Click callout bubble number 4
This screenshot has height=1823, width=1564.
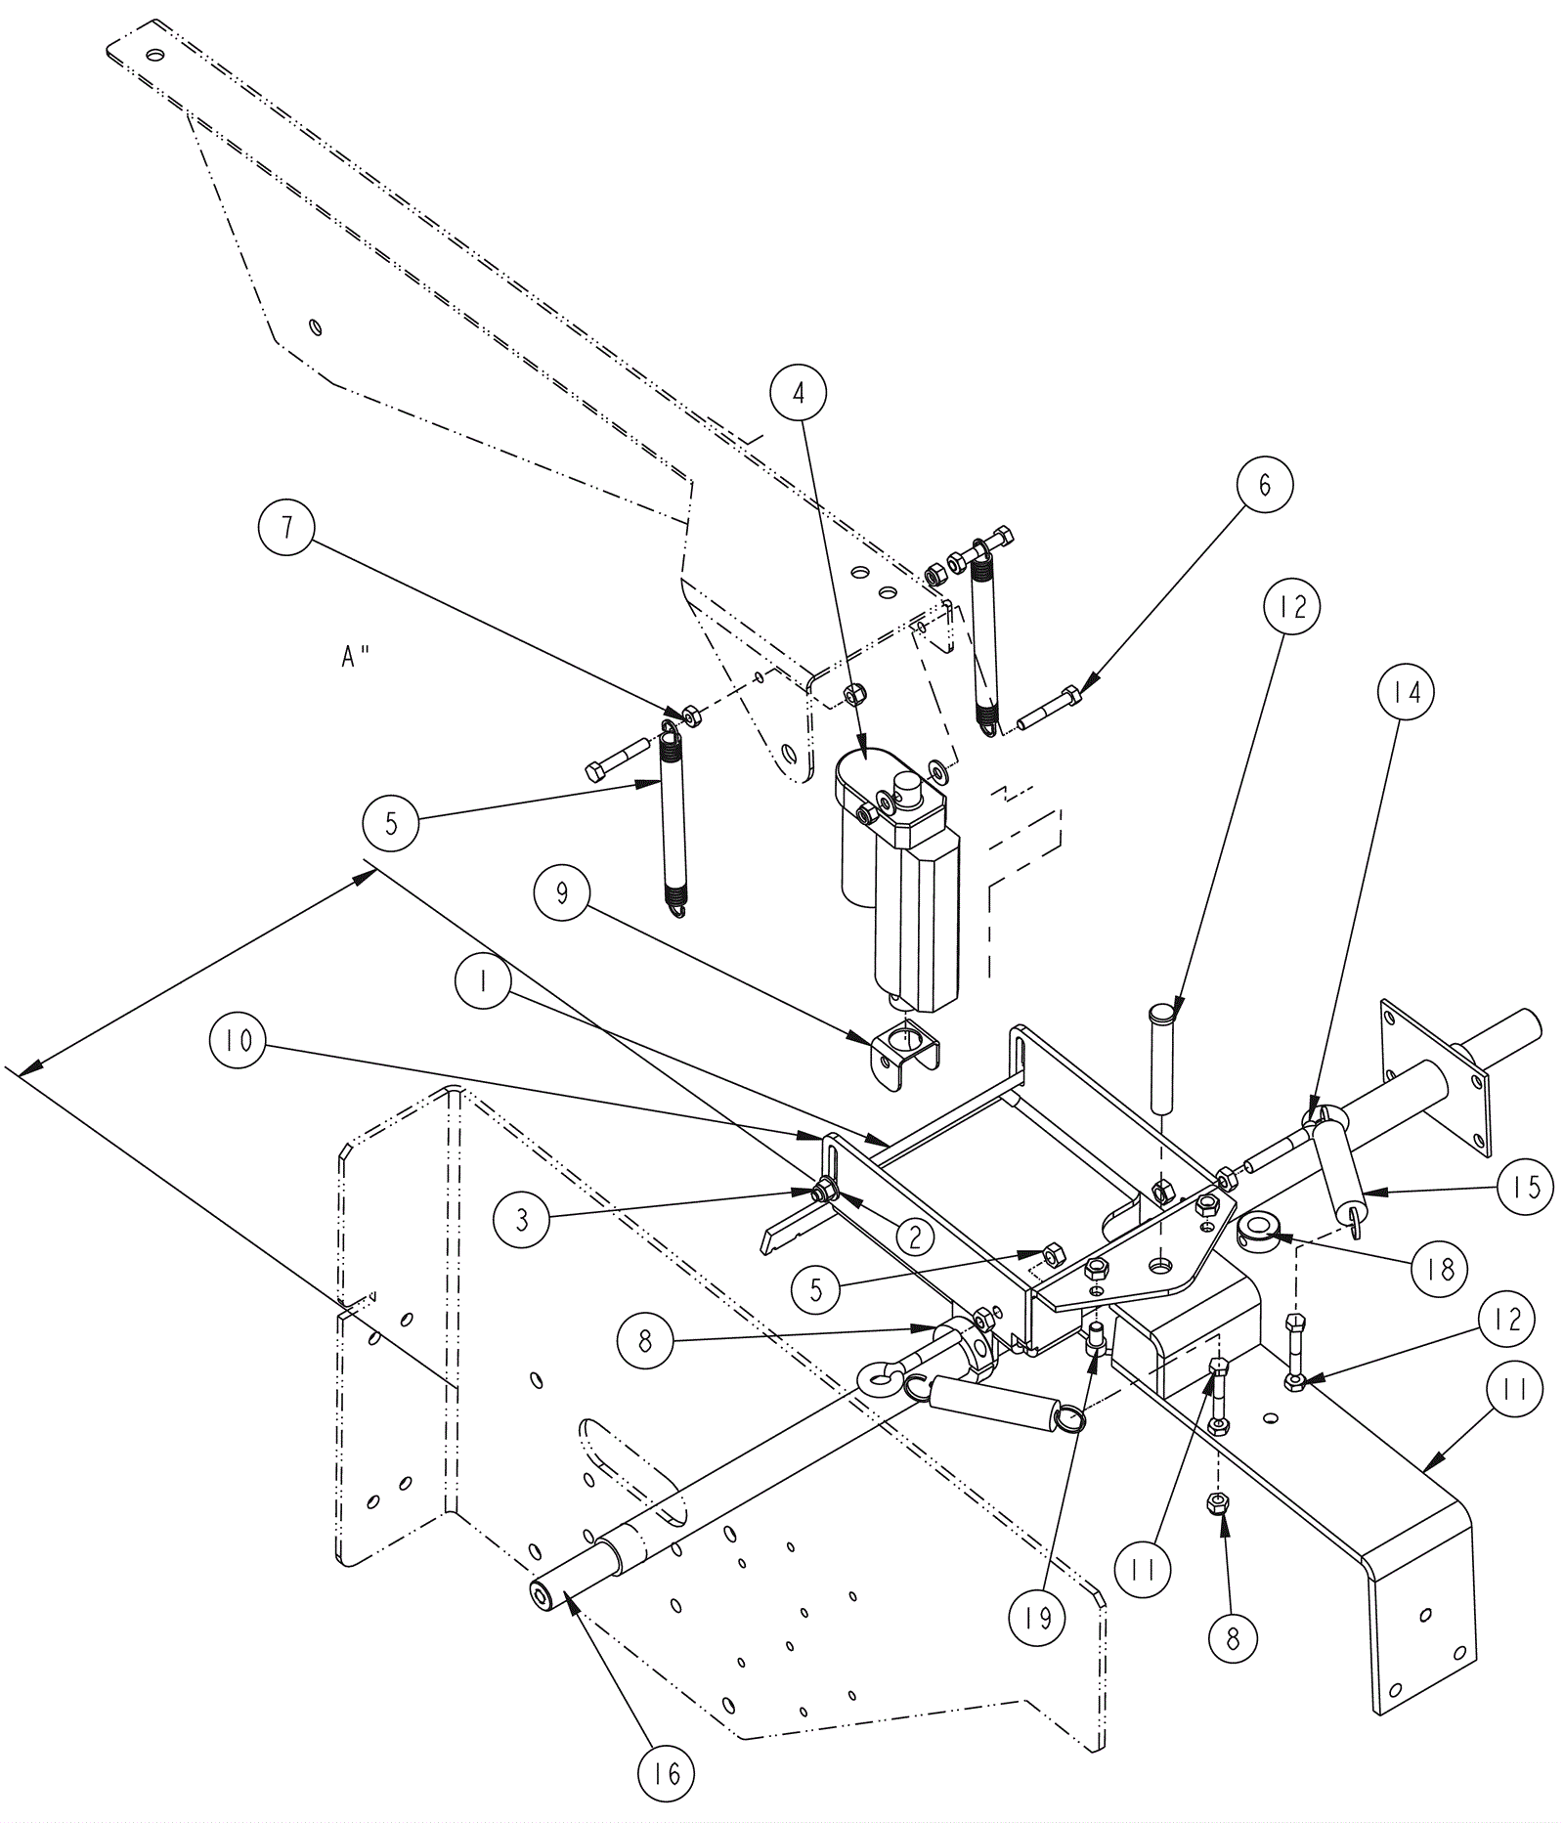pos(798,393)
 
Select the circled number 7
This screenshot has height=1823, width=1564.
pos(286,528)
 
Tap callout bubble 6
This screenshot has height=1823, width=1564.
pos(1264,484)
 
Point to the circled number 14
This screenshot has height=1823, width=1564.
pos(1406,692)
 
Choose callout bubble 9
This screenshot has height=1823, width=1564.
pos(562,894)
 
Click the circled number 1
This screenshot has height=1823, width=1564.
pos(484,983)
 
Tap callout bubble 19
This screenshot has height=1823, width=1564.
pos(1037,1617)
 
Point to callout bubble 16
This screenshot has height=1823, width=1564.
pos(666,1772)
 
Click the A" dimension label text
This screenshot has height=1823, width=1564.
pos(356,658)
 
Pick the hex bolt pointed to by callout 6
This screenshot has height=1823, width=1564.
pos(1048,709)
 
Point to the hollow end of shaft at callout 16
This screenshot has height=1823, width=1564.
pos(544,1595)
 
